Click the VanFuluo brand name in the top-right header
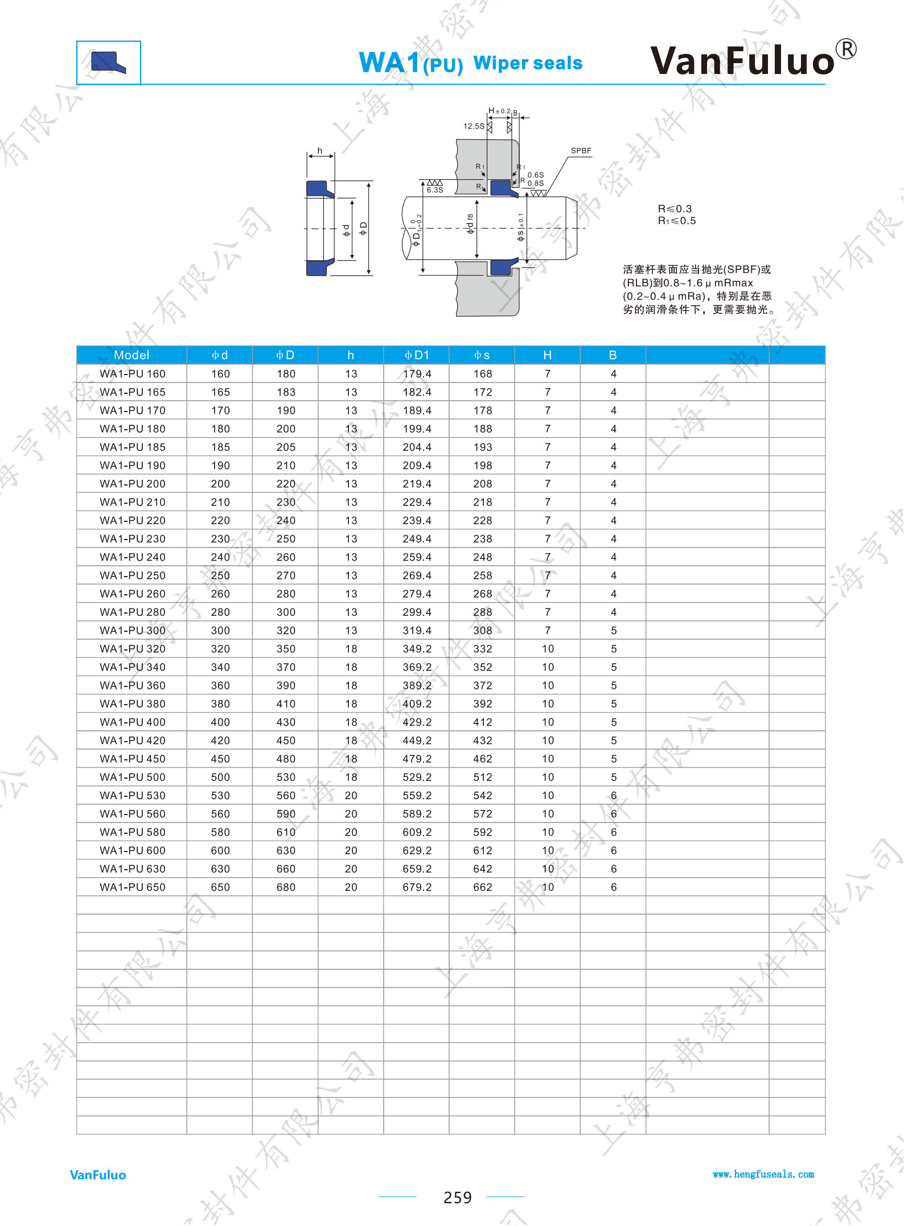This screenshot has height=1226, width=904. pyautogui.click(x=742, y=60)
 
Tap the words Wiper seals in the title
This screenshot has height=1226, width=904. pyautogui.click(x=528, y=63)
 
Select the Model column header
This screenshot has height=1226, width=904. pyautogui.click(x=132, y=355)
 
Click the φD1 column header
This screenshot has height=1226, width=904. pyautogui.click(x=417, y=355)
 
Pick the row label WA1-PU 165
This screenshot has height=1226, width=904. pyautogui.click(x=133, y=392)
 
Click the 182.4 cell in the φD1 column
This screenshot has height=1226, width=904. pyautogui.click(x=417, y=392)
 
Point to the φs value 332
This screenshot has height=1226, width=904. pyautogui.click(x=483, y=649)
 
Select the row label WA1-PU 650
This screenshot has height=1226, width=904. pyautogui.click(x=133, y=887)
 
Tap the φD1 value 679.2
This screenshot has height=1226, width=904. pyautogui.click(x=417, y=887)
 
